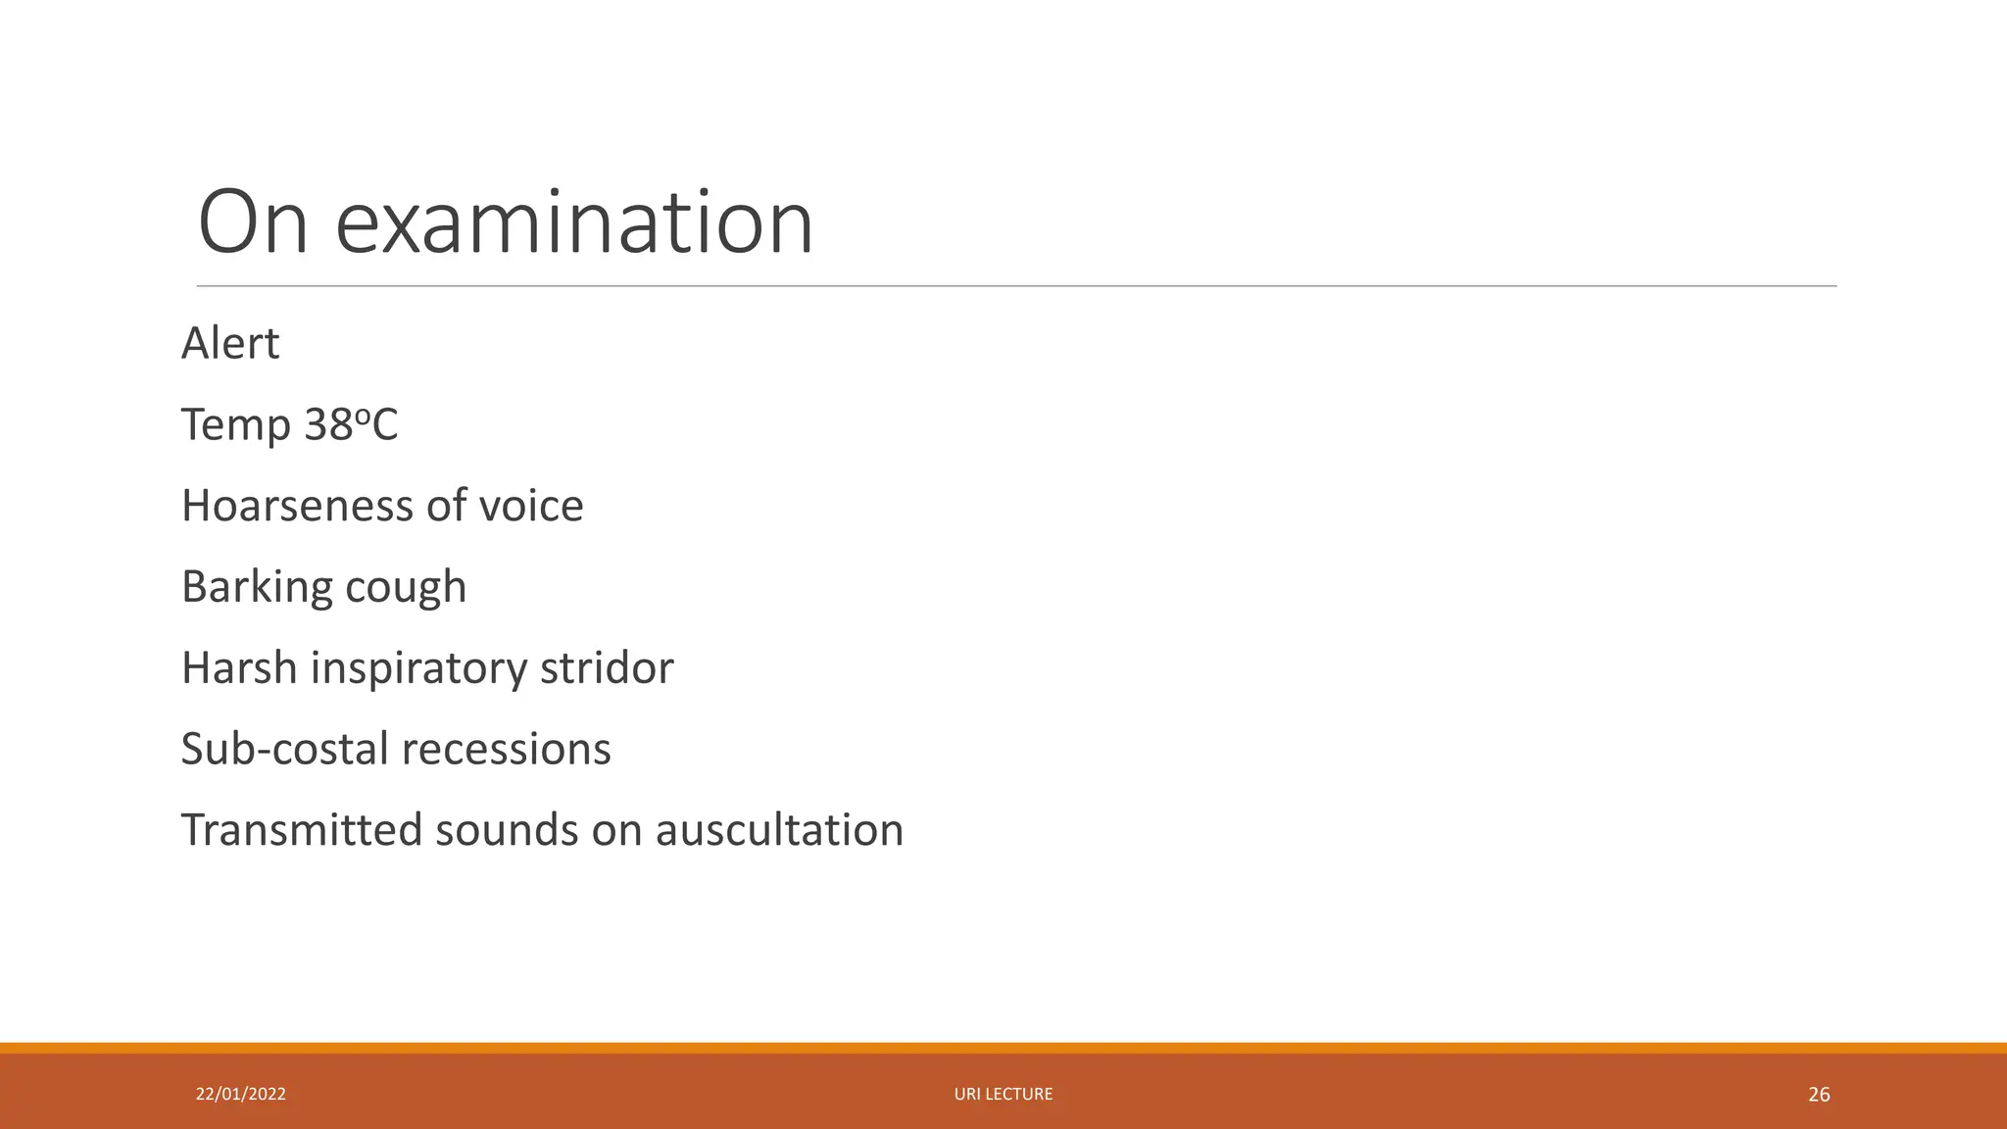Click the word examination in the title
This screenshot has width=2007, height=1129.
coord(574,223)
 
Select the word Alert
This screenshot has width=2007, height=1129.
coord(230,344)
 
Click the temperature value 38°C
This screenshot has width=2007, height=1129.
coord(351,425)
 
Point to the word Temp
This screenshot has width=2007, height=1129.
coord(236,425)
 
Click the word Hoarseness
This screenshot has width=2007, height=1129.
coord(298,506)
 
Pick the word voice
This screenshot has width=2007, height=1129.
coord(531,506)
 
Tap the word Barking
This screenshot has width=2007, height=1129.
coord(257,587)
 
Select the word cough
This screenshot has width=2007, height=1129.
coord(406,587)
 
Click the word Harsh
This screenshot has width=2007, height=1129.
coord(239,668)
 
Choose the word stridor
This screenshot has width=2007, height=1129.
coord(607,668)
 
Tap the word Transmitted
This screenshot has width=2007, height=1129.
coord(301,830)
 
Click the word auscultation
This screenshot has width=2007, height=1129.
coord(779,830)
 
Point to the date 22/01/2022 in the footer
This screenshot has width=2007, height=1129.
coord(241,1094)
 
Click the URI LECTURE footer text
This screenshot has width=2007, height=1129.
coord(1003,1094)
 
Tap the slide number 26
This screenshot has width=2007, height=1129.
coord(1819,1095)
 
